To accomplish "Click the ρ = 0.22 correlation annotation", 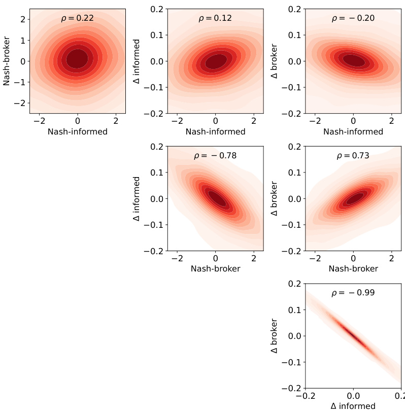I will point(77,18).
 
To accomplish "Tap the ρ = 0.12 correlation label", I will point(215,18).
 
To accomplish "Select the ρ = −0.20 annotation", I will point(353,18).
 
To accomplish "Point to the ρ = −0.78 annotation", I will point(215,156).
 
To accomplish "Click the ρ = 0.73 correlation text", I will point(353,156).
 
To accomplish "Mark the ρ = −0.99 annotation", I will point(353,293).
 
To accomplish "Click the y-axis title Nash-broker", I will point(7,61).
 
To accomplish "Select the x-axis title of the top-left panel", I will point(77,131).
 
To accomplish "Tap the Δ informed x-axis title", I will point(353,406).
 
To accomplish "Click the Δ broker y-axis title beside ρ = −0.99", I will point(275,336).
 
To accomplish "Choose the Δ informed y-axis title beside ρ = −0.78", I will point(137,198).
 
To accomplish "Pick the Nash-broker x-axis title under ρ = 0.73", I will point(353,268).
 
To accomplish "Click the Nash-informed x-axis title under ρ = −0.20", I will point(353,131).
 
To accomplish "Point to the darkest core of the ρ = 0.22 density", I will point(77,58).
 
